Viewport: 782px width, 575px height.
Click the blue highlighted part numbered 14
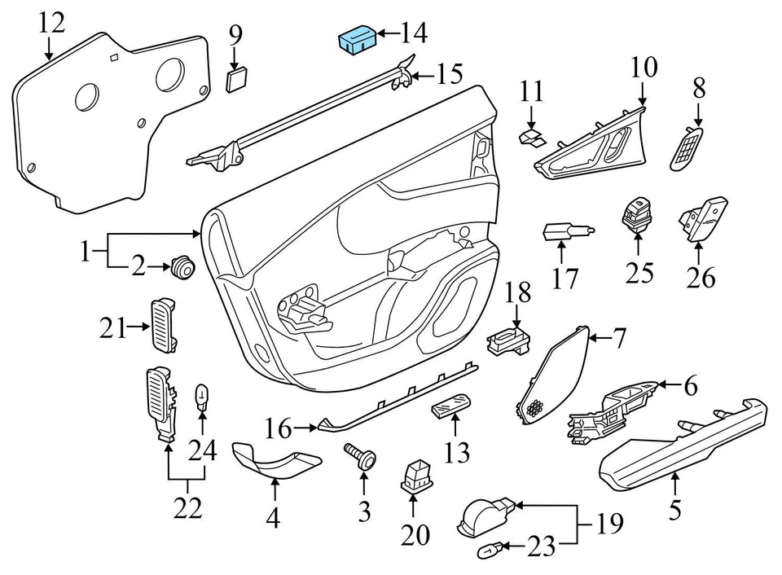click(x=355, y=40)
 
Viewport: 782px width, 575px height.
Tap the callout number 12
click(x=51, y=22)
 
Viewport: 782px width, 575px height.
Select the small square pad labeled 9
click(x=236, y=79)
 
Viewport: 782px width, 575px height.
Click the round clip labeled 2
click(x=182, y=266)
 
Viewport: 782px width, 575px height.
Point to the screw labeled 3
click(x=362, y=456)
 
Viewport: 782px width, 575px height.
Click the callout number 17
click(x=565, y=279)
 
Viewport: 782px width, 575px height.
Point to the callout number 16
click(x=278, y=426)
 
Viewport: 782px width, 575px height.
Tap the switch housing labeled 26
click(x=702, y=217)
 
